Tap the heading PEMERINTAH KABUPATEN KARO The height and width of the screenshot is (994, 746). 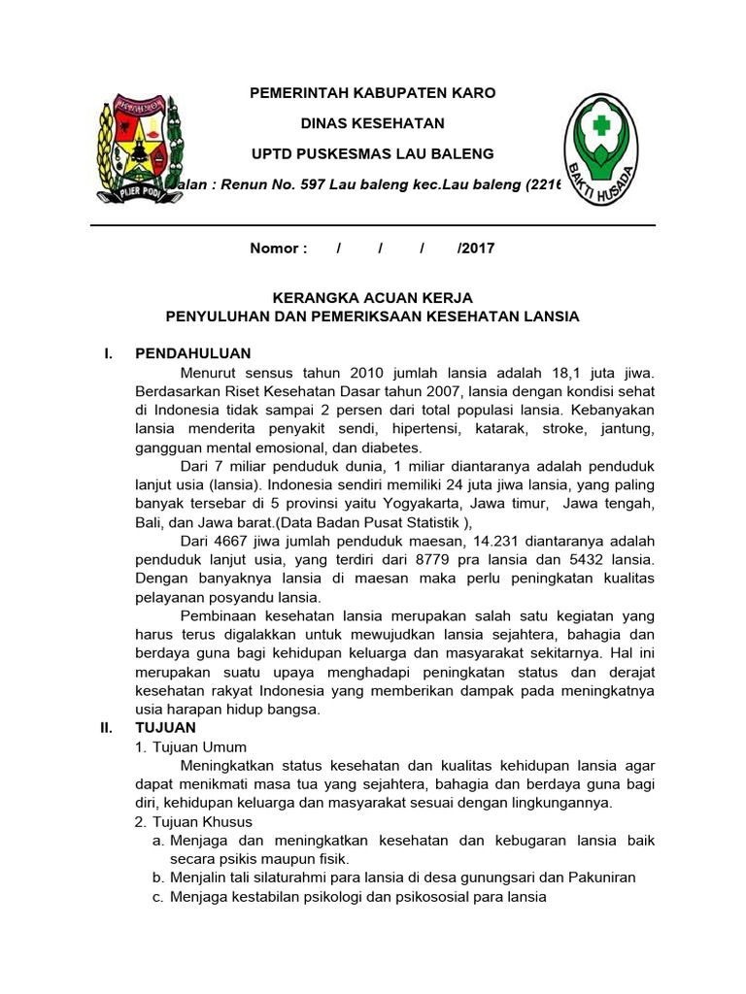point(373,93)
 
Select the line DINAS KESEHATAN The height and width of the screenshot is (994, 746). point(373,123)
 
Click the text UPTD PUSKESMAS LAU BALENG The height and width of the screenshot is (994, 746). point(373,153)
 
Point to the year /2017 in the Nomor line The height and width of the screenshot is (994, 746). point(476,248)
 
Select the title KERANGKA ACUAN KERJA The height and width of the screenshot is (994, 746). point(373,298)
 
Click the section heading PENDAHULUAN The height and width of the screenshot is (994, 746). point(193,353)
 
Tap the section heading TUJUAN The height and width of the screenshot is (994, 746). point(165,727)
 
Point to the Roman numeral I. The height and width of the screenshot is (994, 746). point(108,353)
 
